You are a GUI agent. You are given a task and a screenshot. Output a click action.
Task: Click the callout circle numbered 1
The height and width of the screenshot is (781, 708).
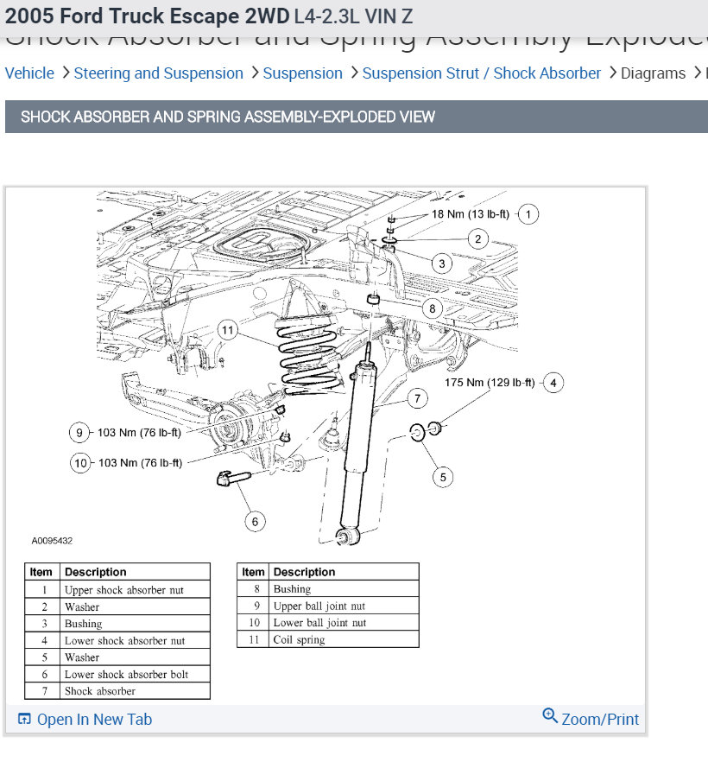(528, 214)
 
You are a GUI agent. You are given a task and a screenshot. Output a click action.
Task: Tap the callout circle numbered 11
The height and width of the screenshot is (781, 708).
(227, 330)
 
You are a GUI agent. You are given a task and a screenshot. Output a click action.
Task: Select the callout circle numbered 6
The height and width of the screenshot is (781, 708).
(254, 521)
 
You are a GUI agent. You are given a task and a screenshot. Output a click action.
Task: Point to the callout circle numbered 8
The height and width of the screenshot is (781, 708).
(433, 308)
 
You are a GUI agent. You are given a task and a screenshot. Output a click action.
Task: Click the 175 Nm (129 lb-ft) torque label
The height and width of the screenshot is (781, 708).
(490, 382)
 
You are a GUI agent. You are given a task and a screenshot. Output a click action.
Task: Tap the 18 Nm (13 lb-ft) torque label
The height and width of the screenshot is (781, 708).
(471, 214)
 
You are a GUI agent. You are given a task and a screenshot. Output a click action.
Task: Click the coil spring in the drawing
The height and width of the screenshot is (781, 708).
(307, 354)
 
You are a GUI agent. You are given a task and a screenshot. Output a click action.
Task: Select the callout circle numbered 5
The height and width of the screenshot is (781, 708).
(443, 476)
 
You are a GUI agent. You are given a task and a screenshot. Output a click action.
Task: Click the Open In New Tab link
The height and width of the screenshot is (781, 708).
(85, 720)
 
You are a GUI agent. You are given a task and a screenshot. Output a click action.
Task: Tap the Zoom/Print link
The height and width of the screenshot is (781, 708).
(591, 719)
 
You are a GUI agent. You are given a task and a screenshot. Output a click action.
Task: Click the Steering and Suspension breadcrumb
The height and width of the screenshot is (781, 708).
(158, 73)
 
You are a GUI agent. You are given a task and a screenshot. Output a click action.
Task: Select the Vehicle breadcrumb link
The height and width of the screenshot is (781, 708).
(29, 73)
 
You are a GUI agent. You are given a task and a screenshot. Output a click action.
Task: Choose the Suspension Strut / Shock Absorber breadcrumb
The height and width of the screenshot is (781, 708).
(481, 73)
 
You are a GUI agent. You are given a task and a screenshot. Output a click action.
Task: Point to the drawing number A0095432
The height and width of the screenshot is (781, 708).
(52, 541)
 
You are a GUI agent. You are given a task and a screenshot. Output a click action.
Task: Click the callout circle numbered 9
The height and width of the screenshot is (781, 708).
(80, 433)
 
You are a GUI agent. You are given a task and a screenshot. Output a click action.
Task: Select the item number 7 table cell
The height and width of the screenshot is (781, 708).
(41, 691)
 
